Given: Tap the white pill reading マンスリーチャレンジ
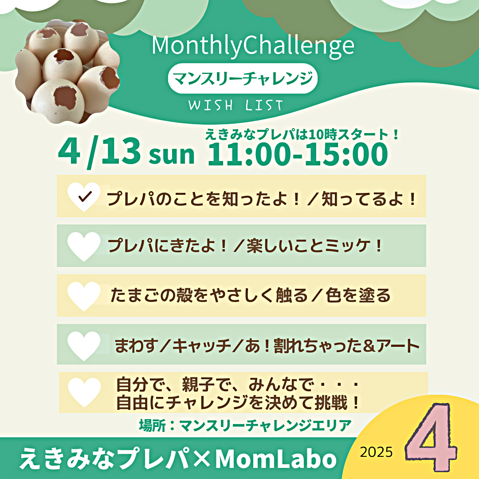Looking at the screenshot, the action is (x=243, y=78).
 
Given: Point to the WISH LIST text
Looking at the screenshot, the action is (x=236, y=105).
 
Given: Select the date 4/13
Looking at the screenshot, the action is (x=99, y=152).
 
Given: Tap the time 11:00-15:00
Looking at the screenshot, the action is (x=298, y=154).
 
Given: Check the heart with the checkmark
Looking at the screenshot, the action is (x=84, y=197).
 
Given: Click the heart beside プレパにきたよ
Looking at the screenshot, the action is (x=84, y=246).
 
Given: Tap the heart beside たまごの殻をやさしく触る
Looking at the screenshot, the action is (x=84, y=296).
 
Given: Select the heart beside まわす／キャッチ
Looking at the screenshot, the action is (x=84, y=346).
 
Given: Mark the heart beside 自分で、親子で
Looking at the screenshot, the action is (x=84, y=393).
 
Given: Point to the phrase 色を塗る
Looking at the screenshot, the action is (x=358, y=295).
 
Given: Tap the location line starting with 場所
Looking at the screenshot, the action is (x=245, y=425).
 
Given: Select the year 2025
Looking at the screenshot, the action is (x=376, y=452).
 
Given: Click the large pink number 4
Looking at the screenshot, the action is (x=431, y=437).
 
